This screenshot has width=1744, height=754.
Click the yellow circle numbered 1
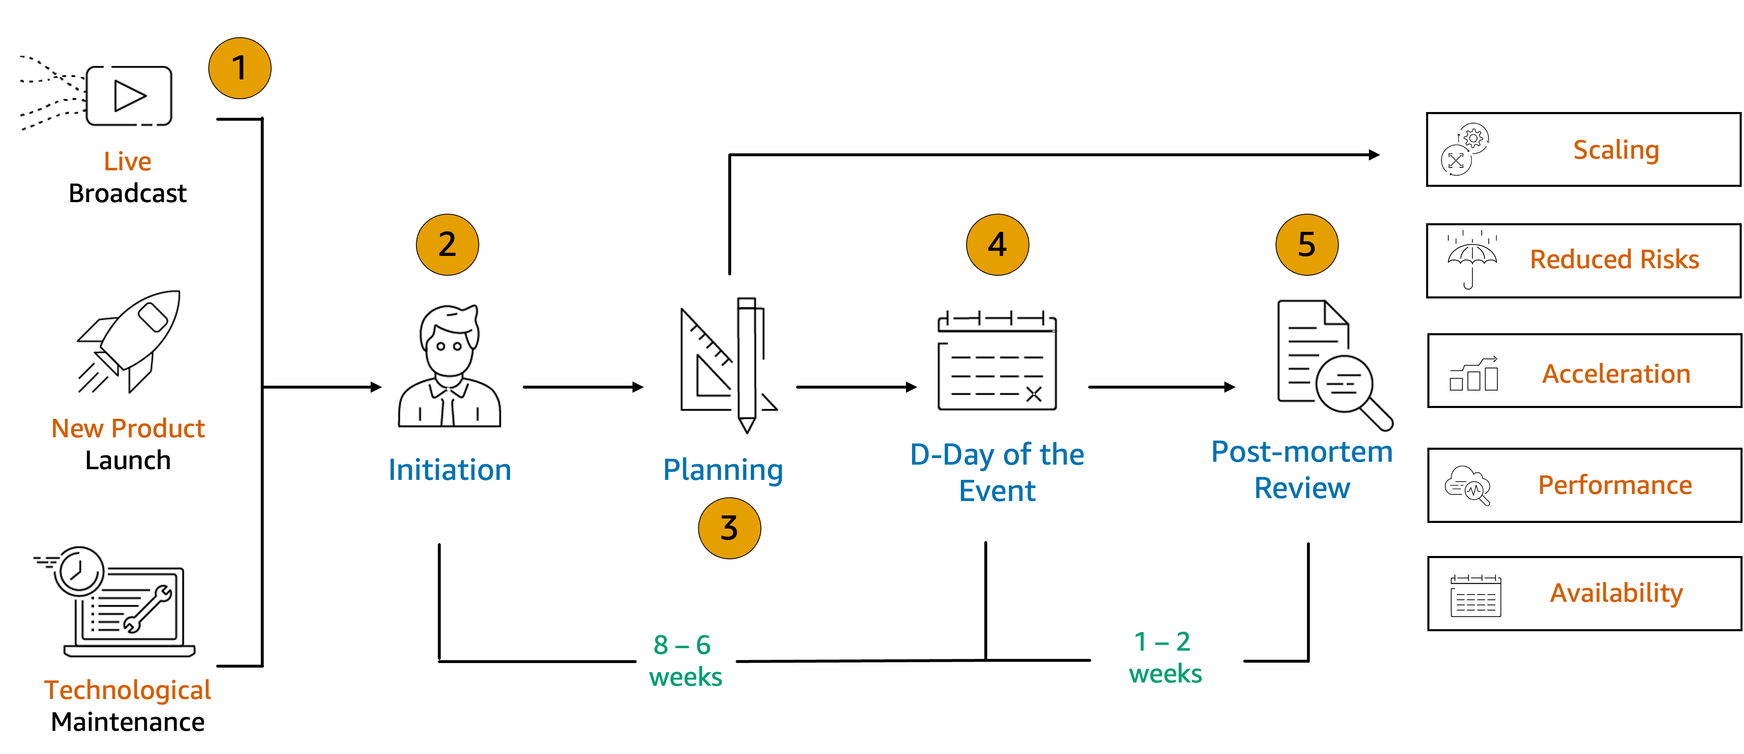[x=240, y=68]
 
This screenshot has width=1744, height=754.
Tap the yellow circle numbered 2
[x=447, y=244]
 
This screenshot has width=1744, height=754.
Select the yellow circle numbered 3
[x=729, y=528]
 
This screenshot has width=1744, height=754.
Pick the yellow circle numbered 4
[x=997, y=244]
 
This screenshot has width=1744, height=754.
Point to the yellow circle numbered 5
[x=1307, y=244]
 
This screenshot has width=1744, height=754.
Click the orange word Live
[x=127, y=162]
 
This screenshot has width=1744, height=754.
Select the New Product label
[x=128, y=428]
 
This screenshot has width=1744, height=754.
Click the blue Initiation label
[x=450, y=470]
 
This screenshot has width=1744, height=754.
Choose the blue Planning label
[x=723, y=470]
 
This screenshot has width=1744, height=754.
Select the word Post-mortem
[x=1302, y=451]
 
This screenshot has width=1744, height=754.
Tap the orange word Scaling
[x=1616, y=150]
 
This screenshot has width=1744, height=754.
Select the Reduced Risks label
[x=1615, y=259]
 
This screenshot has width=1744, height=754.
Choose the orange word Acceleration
[x=1616, y=374]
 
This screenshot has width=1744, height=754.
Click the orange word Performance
[x=1615, y=484]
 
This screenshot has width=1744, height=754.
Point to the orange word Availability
[x=1616, y=593]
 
